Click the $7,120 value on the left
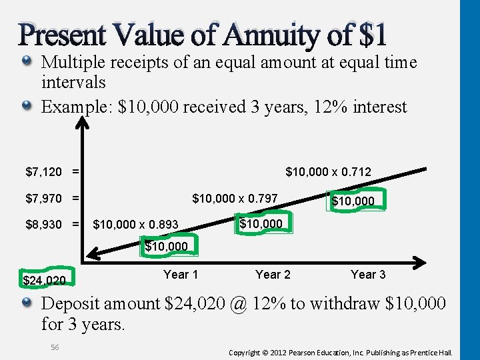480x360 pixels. (43, 173)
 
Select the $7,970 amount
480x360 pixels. (43, 198)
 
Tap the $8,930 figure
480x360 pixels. (43, 224)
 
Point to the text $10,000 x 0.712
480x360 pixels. (328, 173)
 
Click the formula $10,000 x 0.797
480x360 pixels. (235, 198)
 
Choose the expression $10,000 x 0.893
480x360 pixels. (135, 225)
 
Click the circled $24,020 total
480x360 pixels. (44, 280)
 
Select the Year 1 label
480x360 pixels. (181, 274)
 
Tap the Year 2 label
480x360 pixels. (273, 274)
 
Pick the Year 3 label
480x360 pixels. (368, 274)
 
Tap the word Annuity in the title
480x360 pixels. (259, 35)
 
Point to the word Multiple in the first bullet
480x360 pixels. (74, 63)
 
